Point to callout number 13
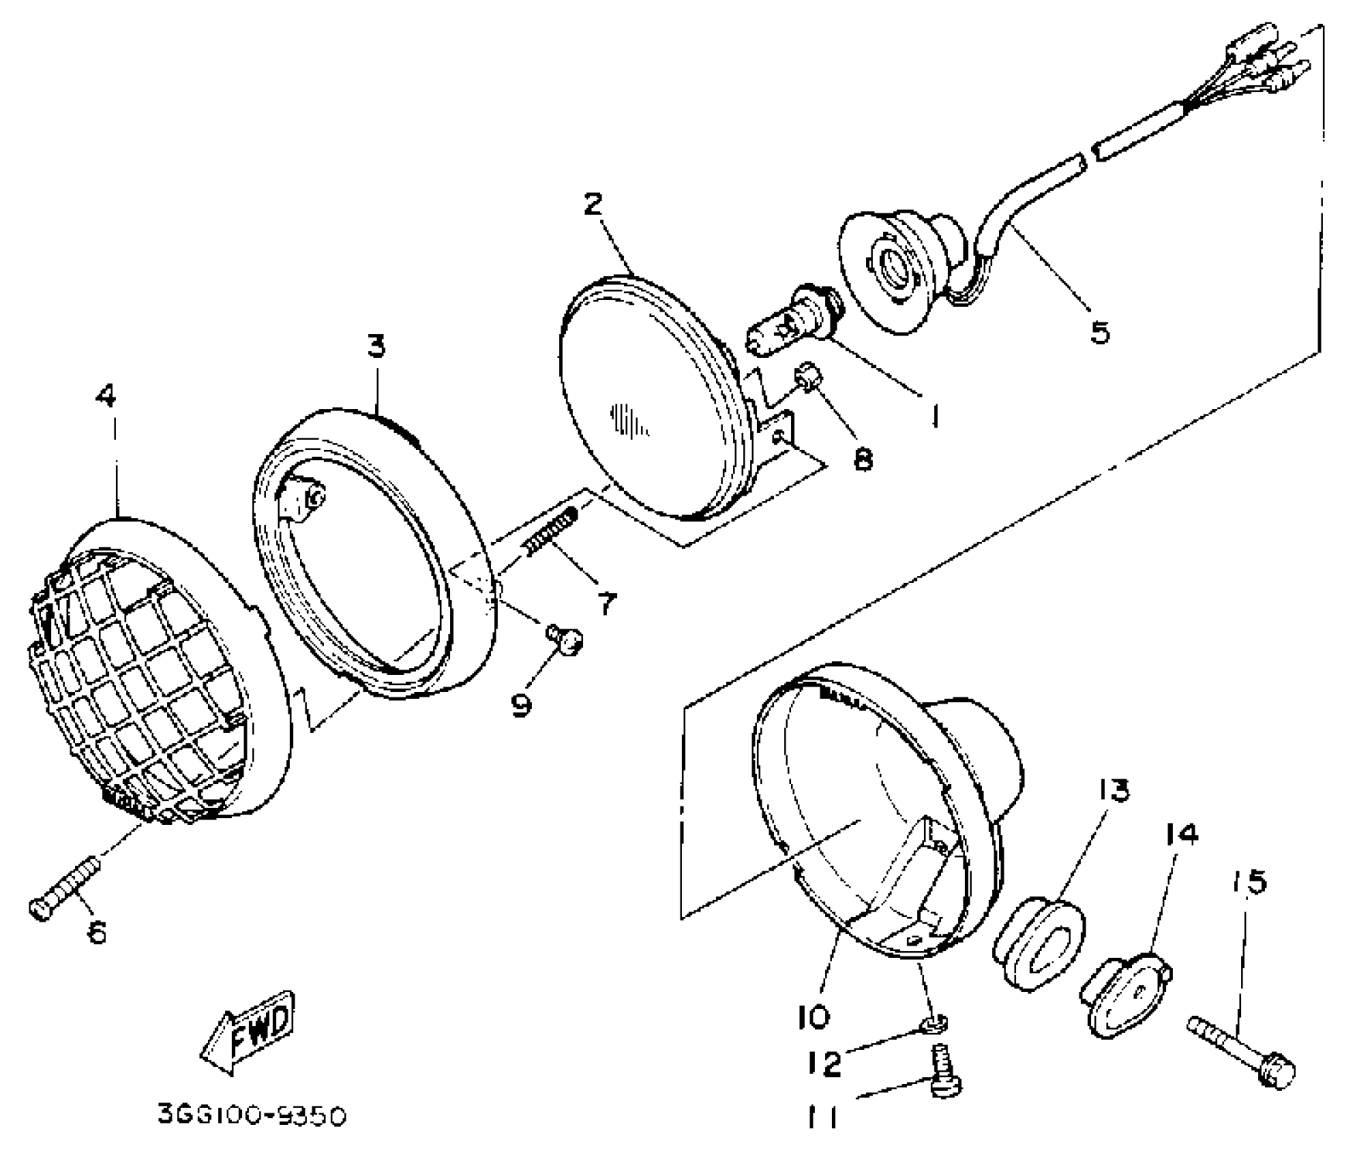click(1114, 790)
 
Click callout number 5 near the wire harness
click(1099, 333)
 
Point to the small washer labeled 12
click(934, 1021)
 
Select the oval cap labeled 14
click(1126, 994)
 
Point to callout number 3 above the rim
click(376, 346)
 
